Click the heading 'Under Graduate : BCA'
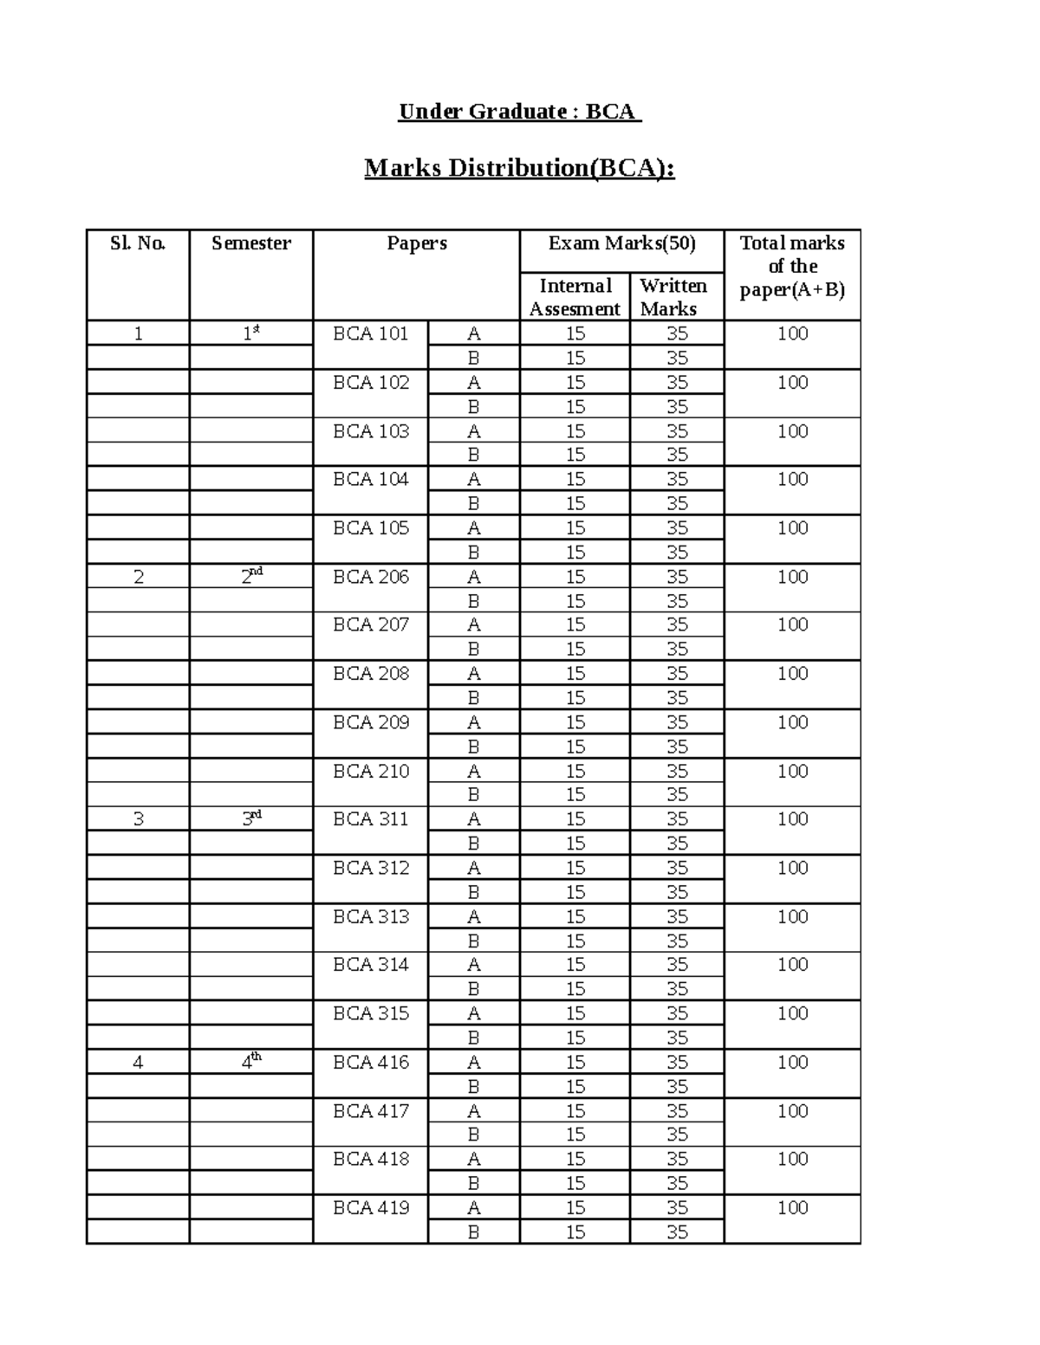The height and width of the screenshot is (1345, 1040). pyautogui.click(x=519, y=112)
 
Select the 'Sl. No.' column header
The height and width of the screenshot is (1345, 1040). pyautogui.click(x=138, y=243)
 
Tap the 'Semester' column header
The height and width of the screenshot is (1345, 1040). pyautogui.click(x=251, y=243)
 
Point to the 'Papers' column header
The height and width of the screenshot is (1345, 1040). pyautogui.click(x=417, y=243)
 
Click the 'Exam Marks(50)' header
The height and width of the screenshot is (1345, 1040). pyautogui.click(x=621, y=243)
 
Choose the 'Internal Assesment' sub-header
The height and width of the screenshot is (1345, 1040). pyautogui.click(x=575, y=297)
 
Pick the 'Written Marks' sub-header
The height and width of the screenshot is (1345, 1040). pyautogui.click(x=673, y=297)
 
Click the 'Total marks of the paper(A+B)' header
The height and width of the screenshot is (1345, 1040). pyautogui.click(x=792, y=266)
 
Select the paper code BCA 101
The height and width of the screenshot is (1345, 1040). pyautogui.click(x=371, y=333)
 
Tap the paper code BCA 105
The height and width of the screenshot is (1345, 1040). pyautogui.click(x=371, y=528)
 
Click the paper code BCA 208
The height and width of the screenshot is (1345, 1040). pyautogui.click(x=371, y=674)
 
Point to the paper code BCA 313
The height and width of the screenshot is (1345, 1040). pyautogui.click(x=371, y=916)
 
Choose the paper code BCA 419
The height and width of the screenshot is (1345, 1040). pyautogui.click(x=371, y=1207)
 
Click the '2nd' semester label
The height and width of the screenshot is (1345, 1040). pyautogui.click(x=251, y=576)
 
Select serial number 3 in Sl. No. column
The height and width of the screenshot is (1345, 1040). pyautogui.click(x=139, y=819)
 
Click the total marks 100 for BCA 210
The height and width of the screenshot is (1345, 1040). pyautogui.click(x=792, y=771)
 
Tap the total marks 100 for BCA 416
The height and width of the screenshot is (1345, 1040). pyautogui.click(x=792, y=1062)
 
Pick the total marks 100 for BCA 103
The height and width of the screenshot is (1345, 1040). pyautogui.click(x=792, y=431)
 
